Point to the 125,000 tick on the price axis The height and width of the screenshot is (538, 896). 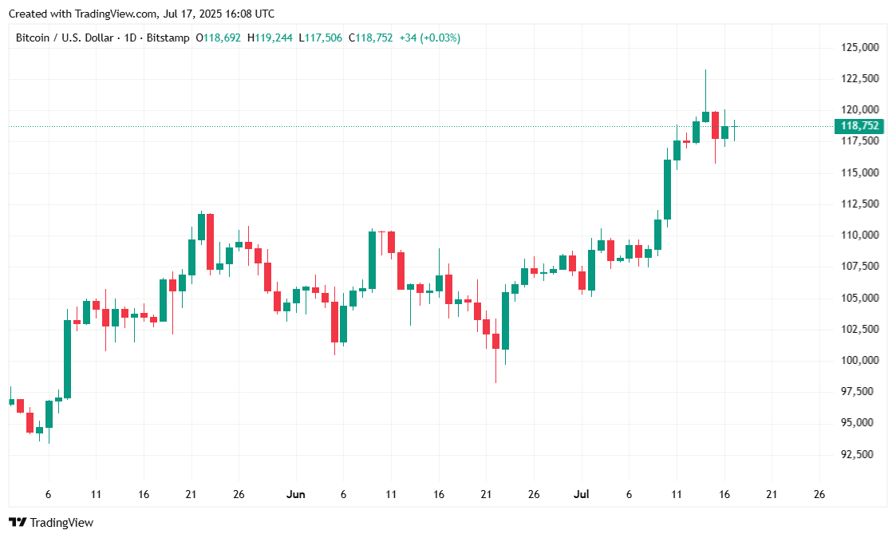(x=860, y=48)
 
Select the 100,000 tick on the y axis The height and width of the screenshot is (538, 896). (x=860, y=361)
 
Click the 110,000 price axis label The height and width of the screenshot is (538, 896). (x=860, y=235)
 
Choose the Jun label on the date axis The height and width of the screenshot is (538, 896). (x=295, y=495)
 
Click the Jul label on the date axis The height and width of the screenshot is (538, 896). (x=582, y=495)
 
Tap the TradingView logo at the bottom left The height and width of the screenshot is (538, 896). (x=51, y=523)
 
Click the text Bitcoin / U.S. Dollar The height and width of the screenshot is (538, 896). (x=65, y=38)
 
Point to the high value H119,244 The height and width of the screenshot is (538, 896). (x=270, y=38)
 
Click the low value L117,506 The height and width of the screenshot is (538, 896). (x=321, y=38)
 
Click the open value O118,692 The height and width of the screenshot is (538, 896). (x=218, y=38)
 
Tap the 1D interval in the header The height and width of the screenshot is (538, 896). (x=131, y=38)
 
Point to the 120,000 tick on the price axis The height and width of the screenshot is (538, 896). (x=860, y=110)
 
